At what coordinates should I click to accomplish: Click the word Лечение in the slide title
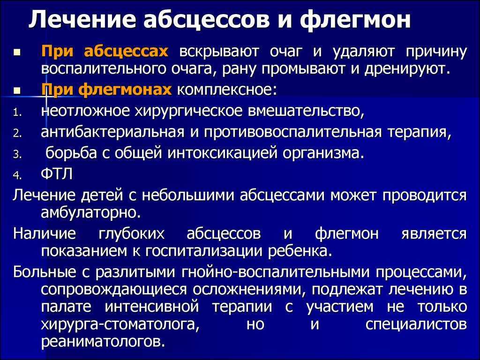(82, 20)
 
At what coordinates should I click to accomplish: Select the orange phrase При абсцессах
(105, 52)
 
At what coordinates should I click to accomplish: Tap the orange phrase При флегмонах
(106, 90)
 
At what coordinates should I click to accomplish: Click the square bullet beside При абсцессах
(16, 52)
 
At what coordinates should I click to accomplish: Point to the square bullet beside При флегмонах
(16, 91)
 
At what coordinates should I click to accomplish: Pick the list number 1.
(17, 113)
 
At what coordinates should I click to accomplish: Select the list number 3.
(17, 155)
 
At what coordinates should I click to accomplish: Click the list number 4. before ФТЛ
(17, 175)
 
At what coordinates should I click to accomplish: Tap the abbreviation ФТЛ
(57, 174)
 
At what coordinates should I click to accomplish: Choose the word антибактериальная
(112, 132)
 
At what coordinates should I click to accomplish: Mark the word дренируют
(407, 69)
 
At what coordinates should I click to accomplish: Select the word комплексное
(227, 90)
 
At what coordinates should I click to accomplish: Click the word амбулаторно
(91, 212)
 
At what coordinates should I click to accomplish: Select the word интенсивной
(152, 307)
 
